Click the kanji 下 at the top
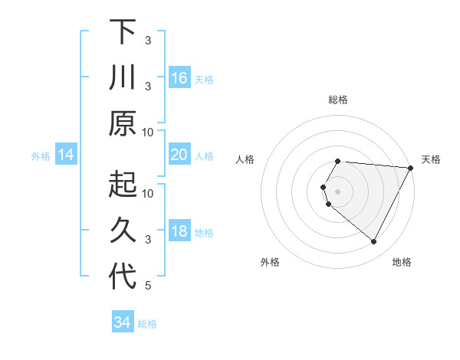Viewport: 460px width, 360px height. [x=122, y=32]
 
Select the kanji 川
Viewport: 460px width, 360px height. [x=122, y=78]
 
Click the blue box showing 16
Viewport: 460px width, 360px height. [x=179, y=78]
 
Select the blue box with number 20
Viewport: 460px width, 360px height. [x=179, y=155]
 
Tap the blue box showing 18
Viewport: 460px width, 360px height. [x=179, y=232]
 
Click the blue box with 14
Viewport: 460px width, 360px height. [x=66, y=155]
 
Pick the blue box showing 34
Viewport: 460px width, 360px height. [x=122, y=323]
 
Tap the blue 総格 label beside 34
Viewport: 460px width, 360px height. [x=147, y=324]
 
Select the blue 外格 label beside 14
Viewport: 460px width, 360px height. [x=41, y=156]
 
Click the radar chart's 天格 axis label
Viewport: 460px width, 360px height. [x=431, y=159]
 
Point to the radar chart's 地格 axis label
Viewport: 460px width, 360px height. [x=402, y=262]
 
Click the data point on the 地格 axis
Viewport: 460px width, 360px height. [x=374, y=242]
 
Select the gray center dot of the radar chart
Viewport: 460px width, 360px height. [x=337, y=191]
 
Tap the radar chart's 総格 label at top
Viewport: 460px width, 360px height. [x=337, y=100]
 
